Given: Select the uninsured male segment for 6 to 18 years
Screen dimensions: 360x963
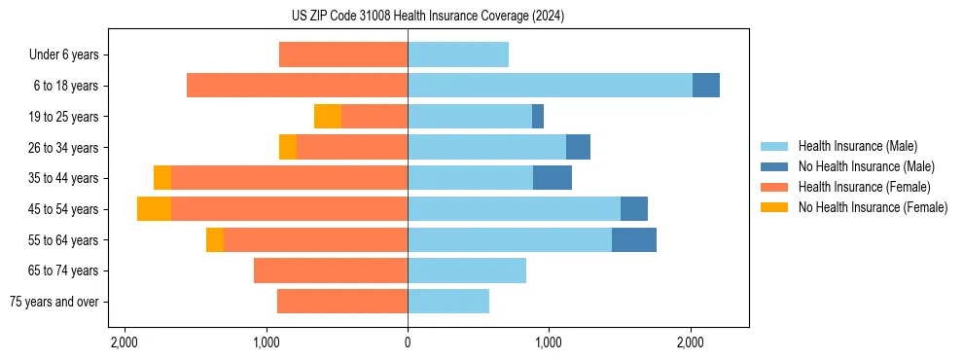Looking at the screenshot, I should [x=706, y=86].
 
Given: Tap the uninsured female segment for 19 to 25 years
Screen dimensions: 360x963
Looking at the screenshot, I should [x=328, y=117].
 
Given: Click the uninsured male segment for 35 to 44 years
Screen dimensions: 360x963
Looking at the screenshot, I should [x=553, y=178].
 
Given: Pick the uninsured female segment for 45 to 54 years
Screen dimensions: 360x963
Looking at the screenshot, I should [x=154, y=209].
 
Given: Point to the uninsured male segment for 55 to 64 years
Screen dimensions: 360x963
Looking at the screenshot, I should [x=634, y=240].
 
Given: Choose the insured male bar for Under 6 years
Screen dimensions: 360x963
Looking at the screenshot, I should [x=458, y=54].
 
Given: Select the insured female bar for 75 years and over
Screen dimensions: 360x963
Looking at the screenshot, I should [x=342, y=302].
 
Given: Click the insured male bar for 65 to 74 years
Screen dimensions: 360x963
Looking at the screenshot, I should [x=467, y=270].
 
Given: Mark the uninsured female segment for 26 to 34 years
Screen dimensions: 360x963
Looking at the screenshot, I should [x=288, y=147].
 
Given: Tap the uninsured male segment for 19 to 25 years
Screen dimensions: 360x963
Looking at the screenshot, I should [x=538, y=117].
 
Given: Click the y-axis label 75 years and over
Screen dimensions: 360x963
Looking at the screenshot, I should [x=54, y=302].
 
